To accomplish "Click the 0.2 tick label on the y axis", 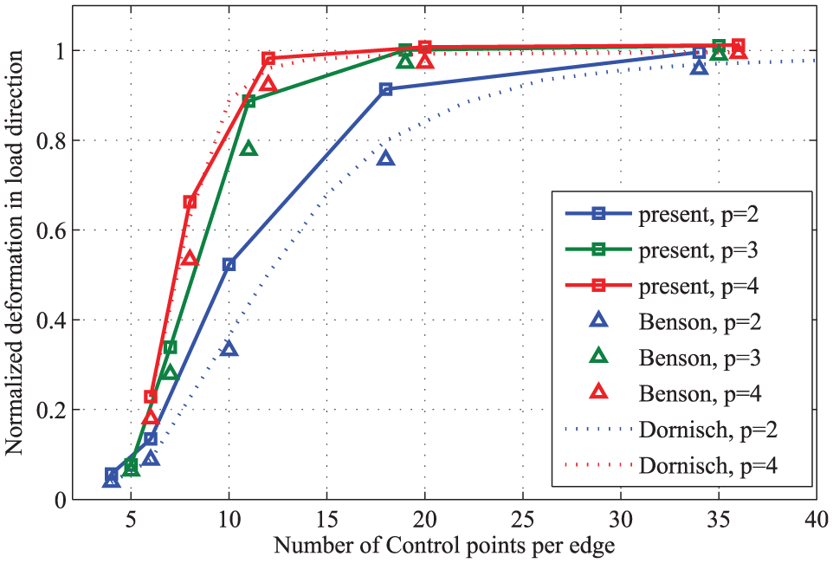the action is pyautogui.click(x=52, y=410).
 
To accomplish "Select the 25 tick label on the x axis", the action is pyautogui.click(x=523, y=519).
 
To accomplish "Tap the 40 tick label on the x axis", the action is pyautogui.click(x=817, y=519).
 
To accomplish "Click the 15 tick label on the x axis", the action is pyautogui.click(x=326, y=519).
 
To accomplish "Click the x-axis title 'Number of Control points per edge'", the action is pyautogui.click(x=444, y=546).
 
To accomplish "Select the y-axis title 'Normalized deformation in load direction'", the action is pyautogui.click(x=15, y=253).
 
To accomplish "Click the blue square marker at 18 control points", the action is pyautogui.click(x=385, y=89).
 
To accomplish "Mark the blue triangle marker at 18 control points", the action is pyautogui.click(x=385, y=159).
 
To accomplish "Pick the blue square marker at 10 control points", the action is pyautogui.click(x=229, y=264).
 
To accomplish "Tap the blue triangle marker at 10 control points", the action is pyautogui.click(x=229, y=349).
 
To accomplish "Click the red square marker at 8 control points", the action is pyautogui.click(x=190, y=202).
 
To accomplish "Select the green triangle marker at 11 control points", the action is pyautogui.click(x=249, y=149).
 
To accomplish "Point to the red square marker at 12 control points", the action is pyautogui.click(x=268, y=59).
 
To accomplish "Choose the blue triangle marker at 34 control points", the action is pyautogui.click(x=699, y=68).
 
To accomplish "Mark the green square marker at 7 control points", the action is pyautogui.click(x=170, y=347).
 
